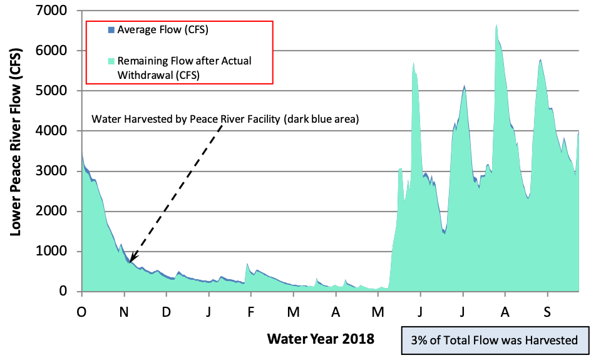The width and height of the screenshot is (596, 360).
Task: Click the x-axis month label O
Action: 81,311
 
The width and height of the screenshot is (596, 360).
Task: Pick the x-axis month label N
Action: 125,311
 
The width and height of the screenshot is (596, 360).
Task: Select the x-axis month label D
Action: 167,311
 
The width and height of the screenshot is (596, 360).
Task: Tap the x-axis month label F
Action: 251,311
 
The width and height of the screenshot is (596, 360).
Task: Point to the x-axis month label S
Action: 548,311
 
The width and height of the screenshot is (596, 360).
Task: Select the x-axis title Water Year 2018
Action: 321,339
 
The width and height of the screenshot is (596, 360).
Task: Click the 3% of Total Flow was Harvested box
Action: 495,341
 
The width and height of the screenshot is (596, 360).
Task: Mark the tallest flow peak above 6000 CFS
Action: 496,26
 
